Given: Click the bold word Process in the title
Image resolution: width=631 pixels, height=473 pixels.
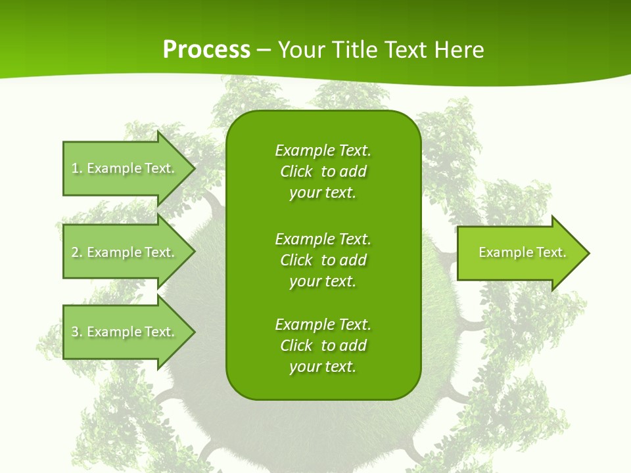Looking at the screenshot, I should (206, 50).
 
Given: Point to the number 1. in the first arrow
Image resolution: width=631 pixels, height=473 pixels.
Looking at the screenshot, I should (77, 168).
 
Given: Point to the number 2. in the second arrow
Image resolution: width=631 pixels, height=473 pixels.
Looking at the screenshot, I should (77, 252).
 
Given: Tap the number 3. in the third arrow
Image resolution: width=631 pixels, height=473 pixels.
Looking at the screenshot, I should (77, 332).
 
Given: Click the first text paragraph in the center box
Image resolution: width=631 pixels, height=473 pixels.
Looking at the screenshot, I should (323, 171).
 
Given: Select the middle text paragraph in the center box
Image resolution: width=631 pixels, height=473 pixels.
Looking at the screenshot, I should (323, 260).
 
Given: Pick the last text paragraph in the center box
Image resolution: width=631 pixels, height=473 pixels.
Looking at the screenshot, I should (323, 346).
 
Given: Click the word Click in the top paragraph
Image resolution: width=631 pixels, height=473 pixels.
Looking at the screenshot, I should (296, 171).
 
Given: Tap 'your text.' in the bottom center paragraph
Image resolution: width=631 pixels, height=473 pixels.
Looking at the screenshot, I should (323, 367).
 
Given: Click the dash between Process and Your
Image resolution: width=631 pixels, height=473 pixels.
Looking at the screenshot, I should (264, 50).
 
